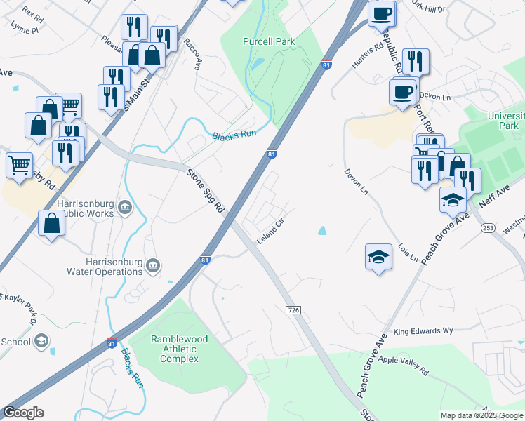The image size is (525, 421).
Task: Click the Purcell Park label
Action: point(269,41)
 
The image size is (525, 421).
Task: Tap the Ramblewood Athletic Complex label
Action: point(179,349)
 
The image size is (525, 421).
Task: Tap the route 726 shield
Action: point(293,309)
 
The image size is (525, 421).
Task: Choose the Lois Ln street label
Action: point(407,253)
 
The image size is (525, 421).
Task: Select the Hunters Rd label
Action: point(368,55)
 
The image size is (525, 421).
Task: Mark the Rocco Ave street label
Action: point(193,53)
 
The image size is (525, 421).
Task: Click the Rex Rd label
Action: point(33,13)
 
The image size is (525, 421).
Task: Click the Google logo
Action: point(23,413)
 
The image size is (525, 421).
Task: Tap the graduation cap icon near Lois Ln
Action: point(378,256)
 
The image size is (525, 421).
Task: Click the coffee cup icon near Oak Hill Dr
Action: point(381,13)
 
